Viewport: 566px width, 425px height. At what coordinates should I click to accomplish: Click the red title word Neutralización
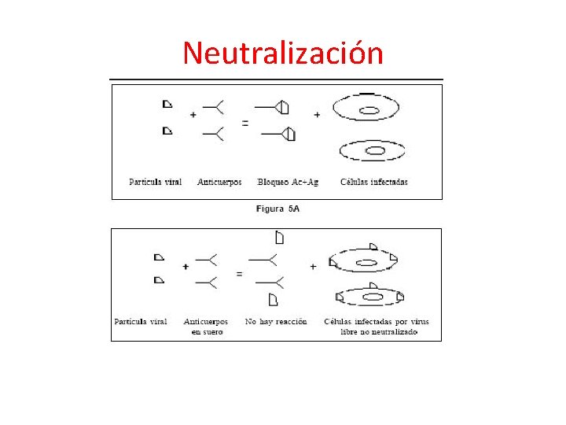(x=283, y=53)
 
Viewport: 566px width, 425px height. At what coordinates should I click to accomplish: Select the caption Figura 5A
(x=277, y=209)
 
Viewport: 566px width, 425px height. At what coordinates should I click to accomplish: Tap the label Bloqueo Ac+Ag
(x=289, y=182)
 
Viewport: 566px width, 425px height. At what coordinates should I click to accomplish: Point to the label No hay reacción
(x=276, y=321)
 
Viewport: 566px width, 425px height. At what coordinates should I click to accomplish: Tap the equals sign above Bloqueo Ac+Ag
(x=245, y=123)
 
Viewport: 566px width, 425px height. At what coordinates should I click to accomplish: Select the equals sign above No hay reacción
(x=239, y=274)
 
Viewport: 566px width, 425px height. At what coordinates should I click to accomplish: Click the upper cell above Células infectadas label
(x=366, y=108)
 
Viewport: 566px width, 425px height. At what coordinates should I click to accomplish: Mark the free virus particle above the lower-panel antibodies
(x=279, y=237)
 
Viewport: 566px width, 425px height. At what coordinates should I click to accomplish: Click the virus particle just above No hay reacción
(x=274, y=299)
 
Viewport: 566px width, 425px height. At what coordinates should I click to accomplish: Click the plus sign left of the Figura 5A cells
(x=317, y=115)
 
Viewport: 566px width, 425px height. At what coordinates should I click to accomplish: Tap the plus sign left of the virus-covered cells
(x=313, y=267)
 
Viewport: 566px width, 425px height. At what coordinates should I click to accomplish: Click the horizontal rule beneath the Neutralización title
(x=276, y=79)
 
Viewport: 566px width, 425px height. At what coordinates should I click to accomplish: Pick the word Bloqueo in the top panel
(x=272, y=182)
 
